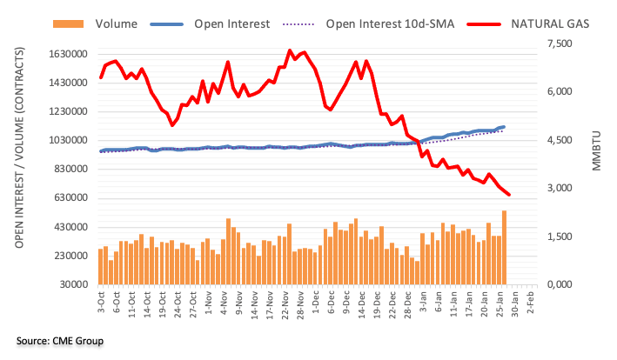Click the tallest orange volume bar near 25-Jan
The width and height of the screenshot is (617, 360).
pos(504,248)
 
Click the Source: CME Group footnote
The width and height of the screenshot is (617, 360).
pos(60,340)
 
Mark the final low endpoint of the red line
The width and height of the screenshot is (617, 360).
pos(509,195)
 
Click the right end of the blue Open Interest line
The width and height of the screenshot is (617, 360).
pos(504,127)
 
